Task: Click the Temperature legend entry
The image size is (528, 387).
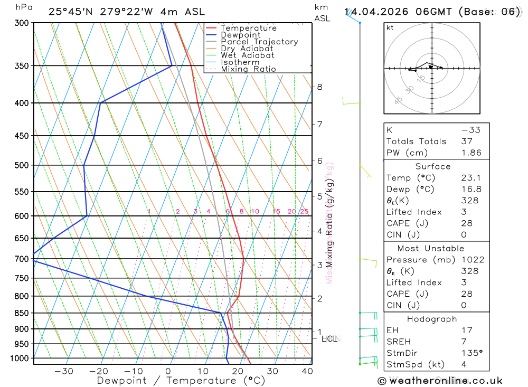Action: click(248, 28)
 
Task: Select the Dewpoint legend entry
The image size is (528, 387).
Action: click(240, 35)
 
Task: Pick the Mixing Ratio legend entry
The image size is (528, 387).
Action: click(248, 69)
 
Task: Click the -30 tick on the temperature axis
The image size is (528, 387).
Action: click(64, 371)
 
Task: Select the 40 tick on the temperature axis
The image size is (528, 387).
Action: click(306, 371)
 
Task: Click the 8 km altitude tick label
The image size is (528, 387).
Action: click(319, 87)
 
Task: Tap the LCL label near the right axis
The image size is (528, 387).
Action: click(329, 339)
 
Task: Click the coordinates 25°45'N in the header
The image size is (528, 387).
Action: click(72, 12)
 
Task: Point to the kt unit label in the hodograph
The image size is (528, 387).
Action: click(390, 27)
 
